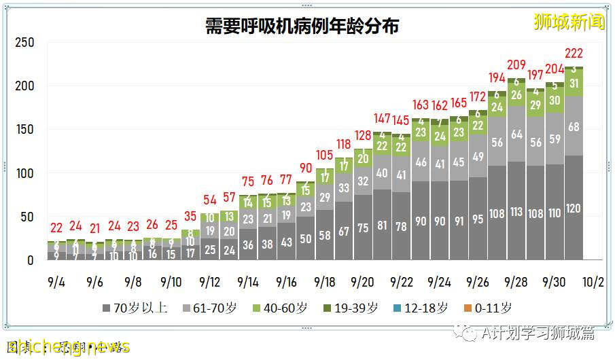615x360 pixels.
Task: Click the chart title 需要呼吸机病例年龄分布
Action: click(302, 26)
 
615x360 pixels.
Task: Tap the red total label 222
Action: click(574, 54)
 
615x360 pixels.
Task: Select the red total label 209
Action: click(516, 65)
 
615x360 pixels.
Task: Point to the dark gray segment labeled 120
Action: click(574, 209)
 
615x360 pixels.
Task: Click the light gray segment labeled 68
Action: click(574, 127)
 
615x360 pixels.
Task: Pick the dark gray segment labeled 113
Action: click(516, 212)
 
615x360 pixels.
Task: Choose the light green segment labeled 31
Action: click(574, 84)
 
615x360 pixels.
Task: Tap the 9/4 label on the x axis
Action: click(57, 281)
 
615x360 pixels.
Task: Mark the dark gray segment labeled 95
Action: click(478, 219)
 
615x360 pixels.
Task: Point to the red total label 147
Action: click(382, 118)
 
